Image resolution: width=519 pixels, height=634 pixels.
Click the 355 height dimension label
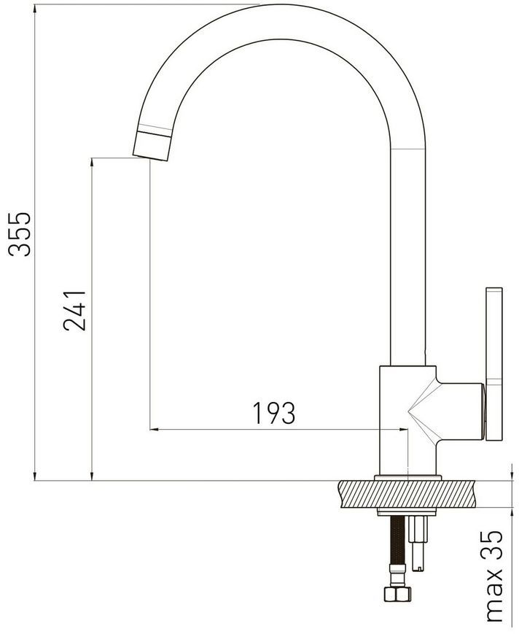click(x=20, y=234)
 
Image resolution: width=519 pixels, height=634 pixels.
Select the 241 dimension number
click(x=74, y=311)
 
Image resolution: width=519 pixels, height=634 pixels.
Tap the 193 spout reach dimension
click(x=274, y=413)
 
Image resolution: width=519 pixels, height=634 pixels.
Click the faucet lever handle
click(x=494, y=364)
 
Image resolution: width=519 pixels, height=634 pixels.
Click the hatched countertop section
click(x=406, y=494)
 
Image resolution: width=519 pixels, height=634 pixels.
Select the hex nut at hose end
click(x=397, y=594)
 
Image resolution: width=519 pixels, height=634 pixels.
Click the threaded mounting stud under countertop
click(x=418, y=543)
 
